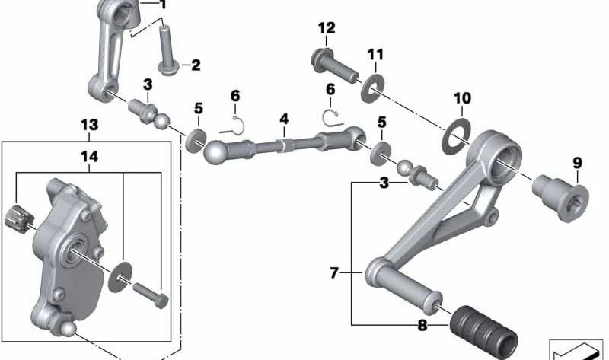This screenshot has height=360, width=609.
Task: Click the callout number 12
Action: (326, 29)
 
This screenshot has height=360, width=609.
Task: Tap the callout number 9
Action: (577, 162)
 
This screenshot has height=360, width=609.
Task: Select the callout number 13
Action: (89, 124)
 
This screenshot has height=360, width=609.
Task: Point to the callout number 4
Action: (283, 119)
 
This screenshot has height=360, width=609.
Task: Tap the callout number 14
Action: (89, 157)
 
